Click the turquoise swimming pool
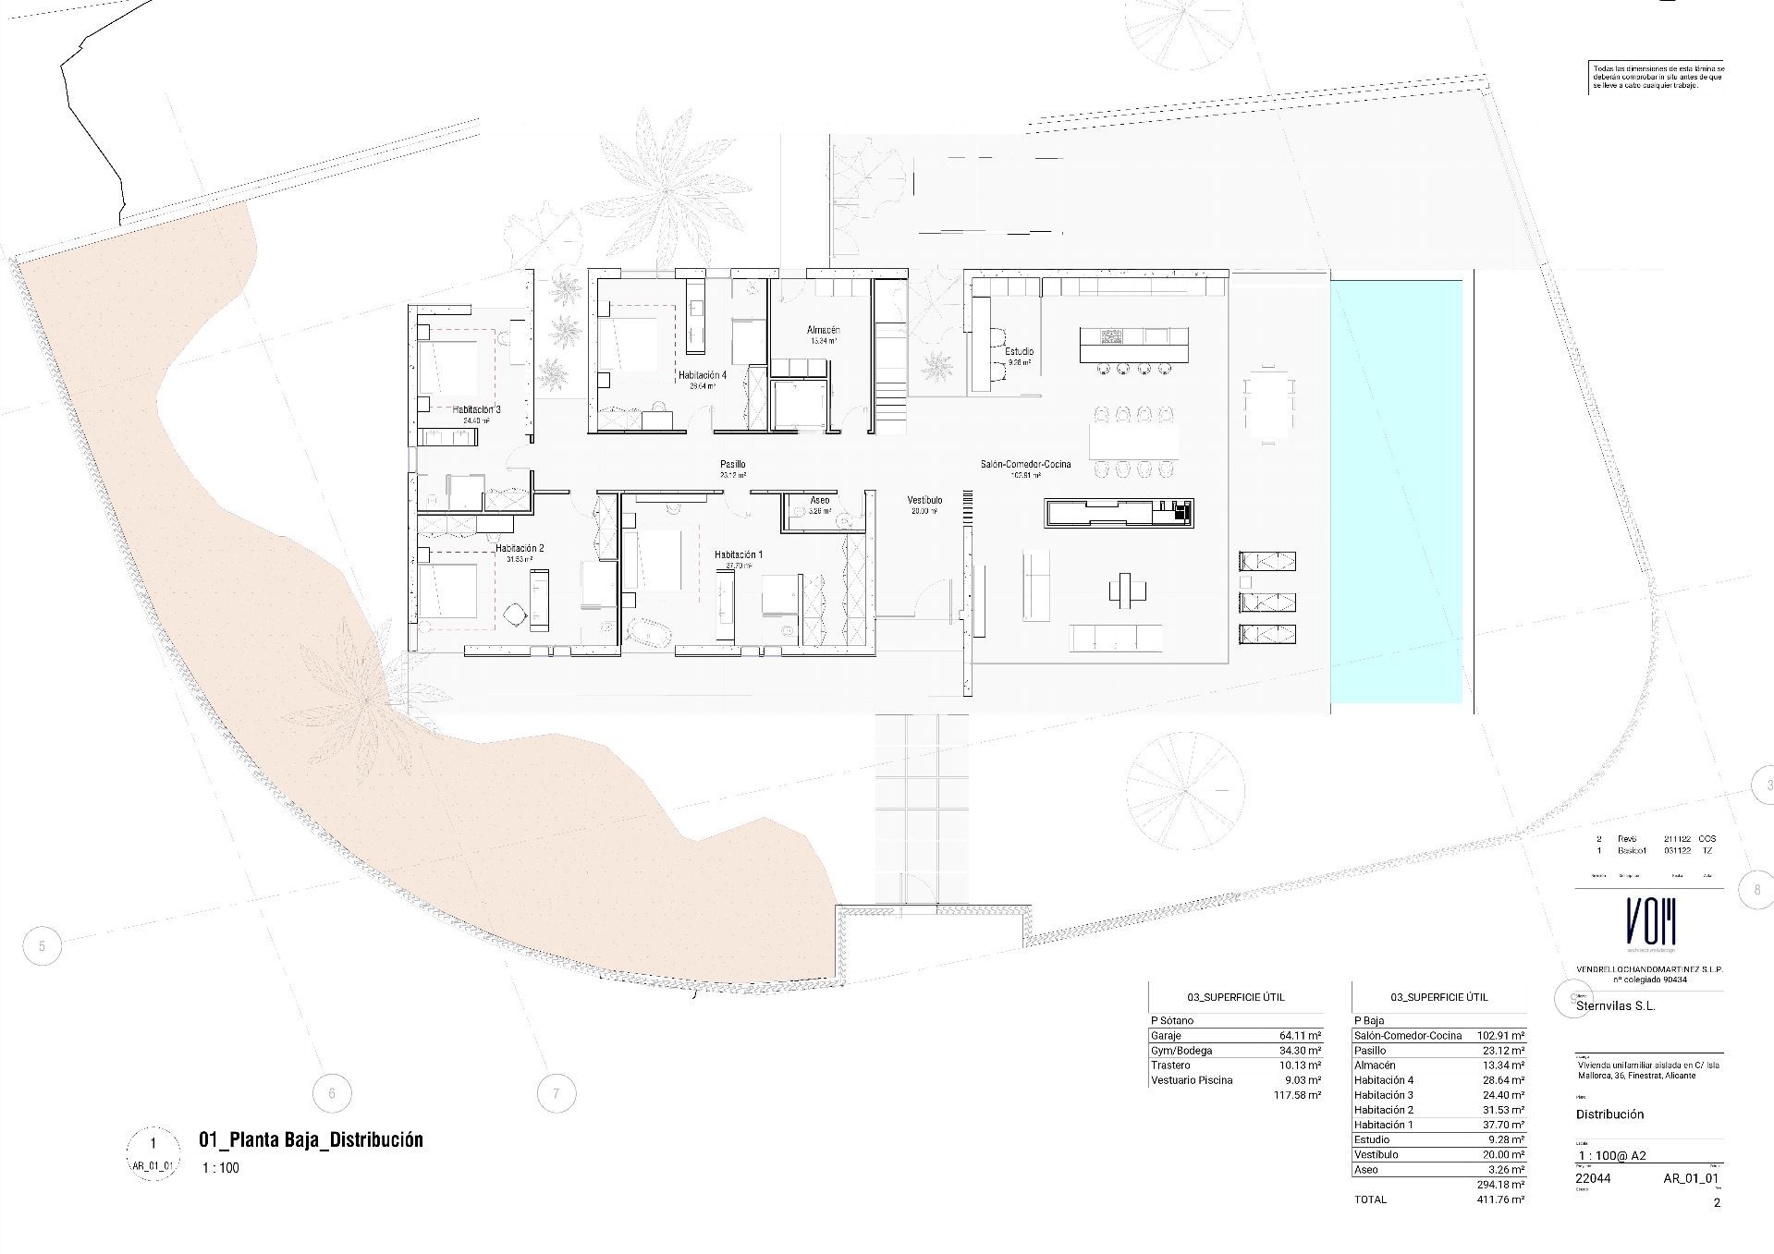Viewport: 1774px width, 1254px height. (1396, 490)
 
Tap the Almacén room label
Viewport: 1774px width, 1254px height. (823, 330)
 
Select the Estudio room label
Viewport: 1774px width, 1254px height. (1019, 352)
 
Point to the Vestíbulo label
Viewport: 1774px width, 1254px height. (924, 500)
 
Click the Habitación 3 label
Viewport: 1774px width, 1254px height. (476, 409)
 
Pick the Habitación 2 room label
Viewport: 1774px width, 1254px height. (520, 549)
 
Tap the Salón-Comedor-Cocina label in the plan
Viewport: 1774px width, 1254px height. (1025, 464)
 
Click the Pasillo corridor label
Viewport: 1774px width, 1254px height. (733, 465)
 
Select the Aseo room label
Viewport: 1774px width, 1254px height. (819, 500)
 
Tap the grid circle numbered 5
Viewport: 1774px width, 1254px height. (42, 945)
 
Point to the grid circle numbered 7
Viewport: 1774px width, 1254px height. (556, 1093)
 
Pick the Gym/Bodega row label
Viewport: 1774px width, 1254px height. (1181, 1051)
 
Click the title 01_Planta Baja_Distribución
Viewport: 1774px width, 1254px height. (311, 1139)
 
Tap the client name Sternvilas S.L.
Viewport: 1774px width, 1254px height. (1615, 1005)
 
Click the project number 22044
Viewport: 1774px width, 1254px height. (1593, 1178)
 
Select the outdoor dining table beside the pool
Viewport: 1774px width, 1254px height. (1268, 407)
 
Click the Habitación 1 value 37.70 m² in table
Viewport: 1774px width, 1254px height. (1502, 1125)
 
